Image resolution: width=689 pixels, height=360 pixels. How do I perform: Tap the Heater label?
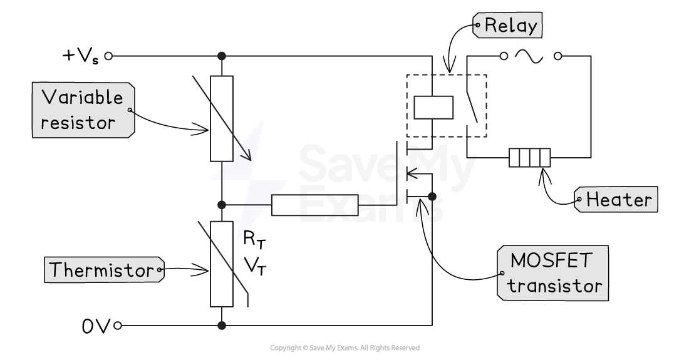coord(619,200)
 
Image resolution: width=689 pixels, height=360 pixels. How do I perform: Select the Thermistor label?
coord(101,270)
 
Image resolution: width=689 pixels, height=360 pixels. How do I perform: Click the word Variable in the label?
coord(82,98)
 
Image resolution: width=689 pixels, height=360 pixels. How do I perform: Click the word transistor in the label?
coord(555,286)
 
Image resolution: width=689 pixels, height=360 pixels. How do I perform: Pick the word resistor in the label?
coord(78,123)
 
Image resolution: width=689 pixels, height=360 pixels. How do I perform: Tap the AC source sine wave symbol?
coord(529,56)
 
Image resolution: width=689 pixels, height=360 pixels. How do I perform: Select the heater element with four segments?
coord(529,158)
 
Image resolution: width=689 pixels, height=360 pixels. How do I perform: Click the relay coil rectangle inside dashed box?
coord(433,107)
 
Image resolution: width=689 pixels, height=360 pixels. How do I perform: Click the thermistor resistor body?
coord(222,264)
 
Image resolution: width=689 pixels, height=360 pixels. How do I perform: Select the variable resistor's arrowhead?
coord(247,155)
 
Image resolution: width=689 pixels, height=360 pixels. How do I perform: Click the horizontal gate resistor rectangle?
coord(314,205)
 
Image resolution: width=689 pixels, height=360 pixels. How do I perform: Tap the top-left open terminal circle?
coord(108,56)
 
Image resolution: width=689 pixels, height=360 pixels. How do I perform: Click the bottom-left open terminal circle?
coord(117,326)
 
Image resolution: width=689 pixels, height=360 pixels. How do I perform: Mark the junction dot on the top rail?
coord(221,56)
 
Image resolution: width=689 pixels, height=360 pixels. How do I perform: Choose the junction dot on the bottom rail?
coord(221,326)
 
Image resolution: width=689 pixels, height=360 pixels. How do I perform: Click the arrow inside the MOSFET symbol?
coord(413,173)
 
